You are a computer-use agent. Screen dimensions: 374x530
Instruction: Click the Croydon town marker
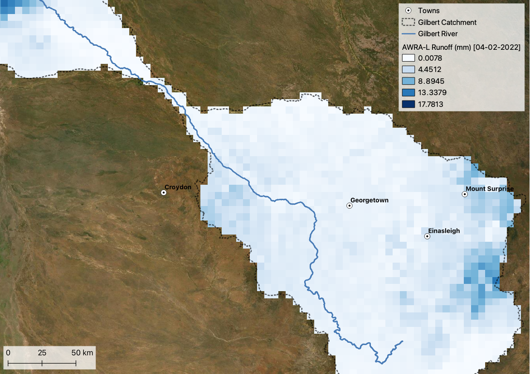click(x=164, y=192)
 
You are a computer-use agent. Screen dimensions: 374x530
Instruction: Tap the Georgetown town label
click(x=369, y=200)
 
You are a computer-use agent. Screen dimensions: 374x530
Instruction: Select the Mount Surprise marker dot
click(x=465, y=194)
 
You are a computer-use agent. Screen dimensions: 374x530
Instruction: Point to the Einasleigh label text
click(x=444, y=231)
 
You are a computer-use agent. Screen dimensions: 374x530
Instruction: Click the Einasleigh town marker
click(x=427, y=236)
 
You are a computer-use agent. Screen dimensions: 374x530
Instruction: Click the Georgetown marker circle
click(x=350, y=206)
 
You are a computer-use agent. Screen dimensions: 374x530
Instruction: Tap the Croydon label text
click(x=178, y=187)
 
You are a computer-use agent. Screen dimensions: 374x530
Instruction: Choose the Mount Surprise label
click(x=490, y=189)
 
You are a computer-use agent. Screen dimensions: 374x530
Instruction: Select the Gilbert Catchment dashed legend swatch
click(x=409, y=22)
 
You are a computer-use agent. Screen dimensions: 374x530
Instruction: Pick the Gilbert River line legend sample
click(x=409, y=34)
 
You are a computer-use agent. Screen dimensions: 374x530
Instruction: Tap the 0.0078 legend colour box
click(x=409, y=58)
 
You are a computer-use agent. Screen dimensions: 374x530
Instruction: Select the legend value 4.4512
click(x=430, y=70)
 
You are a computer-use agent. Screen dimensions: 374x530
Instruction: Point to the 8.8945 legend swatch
click(x=409, y=81)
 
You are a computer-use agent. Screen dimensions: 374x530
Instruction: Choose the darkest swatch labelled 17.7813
click(x=409, y=105)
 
